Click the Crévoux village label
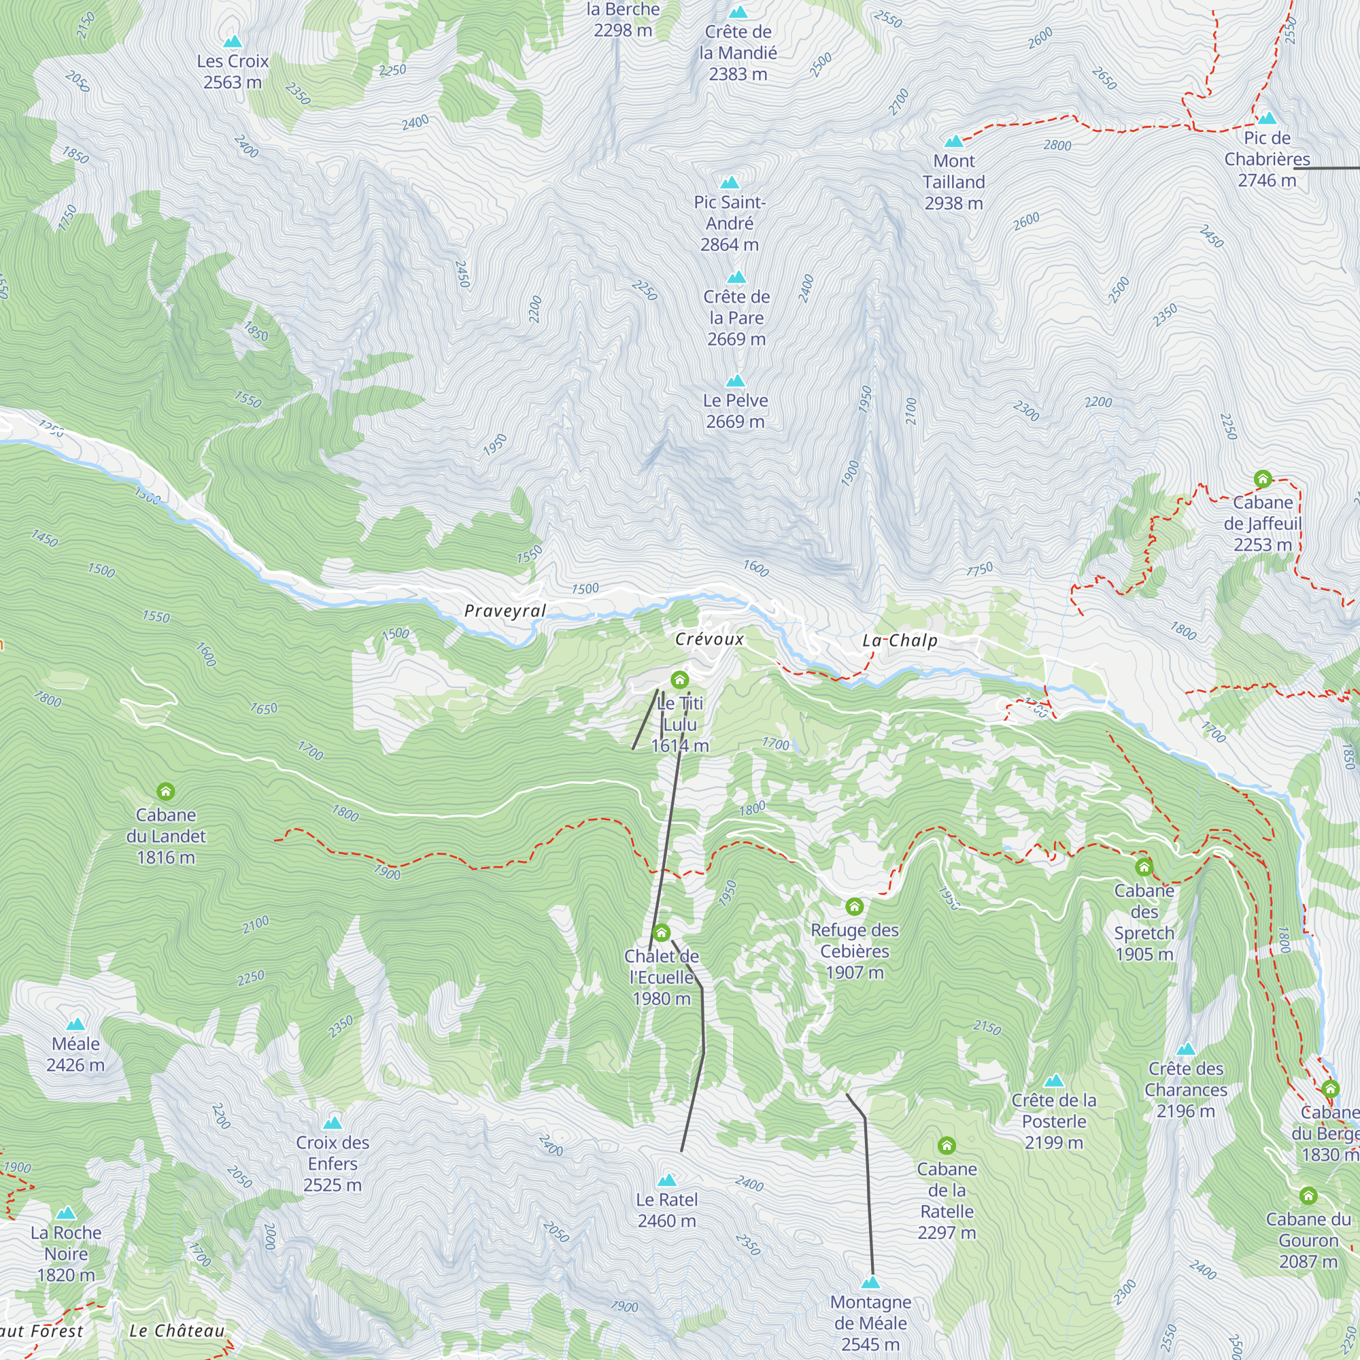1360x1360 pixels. point(709,639)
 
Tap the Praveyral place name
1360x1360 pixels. point(505,611)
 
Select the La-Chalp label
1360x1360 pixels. point(900,640)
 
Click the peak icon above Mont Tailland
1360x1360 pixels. point(954,141)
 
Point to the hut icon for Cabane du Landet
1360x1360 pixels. point(165,792)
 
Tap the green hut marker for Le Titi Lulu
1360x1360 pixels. point(679,679)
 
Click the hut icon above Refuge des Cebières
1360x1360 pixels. point(854,906)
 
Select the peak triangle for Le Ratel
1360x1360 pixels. point(666,1180)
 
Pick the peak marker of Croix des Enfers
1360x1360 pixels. point(333,1123)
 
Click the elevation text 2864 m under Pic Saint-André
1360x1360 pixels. point(729,244)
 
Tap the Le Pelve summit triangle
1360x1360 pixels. point(735,381)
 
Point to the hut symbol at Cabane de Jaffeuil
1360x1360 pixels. point(1262,479)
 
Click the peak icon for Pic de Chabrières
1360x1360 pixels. point(1266,118)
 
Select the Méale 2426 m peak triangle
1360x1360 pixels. point(75,1024)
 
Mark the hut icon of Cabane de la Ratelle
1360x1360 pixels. point(947,1145)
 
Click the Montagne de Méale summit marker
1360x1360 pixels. point(871,1282)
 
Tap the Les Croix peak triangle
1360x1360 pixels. point(233,41)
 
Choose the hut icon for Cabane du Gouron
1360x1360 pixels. point(1308,1196)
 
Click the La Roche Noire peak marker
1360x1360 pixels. point(65,1212)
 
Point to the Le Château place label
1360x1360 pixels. point(177,1331)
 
